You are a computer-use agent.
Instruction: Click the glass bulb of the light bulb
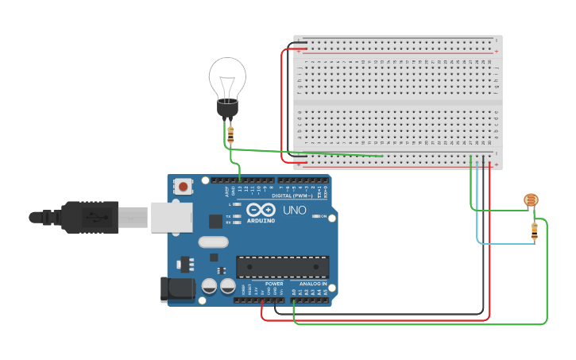227,78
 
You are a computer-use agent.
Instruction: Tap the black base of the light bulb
228,107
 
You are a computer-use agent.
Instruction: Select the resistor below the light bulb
230,134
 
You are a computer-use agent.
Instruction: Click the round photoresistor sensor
531,201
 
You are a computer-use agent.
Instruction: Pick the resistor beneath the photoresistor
534,230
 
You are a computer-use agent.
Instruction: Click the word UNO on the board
294,211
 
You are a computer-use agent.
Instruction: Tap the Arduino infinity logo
261,211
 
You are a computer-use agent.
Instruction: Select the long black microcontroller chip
282,267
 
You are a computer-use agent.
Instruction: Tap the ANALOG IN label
313,284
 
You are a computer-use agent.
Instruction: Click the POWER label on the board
274,284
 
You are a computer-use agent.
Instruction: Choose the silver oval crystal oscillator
213,242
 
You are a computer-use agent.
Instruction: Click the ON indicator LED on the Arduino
315,216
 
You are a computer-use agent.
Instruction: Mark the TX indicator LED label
228,216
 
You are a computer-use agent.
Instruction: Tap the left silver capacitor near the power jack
210,286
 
